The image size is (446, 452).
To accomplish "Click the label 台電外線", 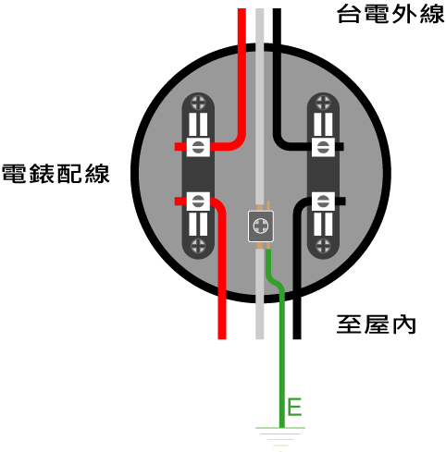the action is click(x=390, y=14).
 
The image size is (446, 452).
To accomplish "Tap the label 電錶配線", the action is click(x=56, y=174).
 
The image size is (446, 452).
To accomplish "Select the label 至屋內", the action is click(x=376, y=324).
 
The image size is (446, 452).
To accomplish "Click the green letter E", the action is click(x=294, y=407).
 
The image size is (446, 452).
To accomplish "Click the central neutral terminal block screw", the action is click(x=261, y=226).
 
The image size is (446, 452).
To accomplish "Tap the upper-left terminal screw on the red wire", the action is click(x=198, y=147).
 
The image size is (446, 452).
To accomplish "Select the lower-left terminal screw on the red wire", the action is click(x=198, y=202).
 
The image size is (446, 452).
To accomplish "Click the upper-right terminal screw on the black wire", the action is click(x=323, y=147).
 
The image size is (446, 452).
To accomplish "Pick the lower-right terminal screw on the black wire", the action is click(x=323, y=202).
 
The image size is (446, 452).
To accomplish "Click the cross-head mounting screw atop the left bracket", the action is click(x=198, y=103).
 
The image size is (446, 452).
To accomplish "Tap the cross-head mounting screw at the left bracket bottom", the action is click(x=198, y=246).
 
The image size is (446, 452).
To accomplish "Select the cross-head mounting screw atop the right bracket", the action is click(x=323, y=103).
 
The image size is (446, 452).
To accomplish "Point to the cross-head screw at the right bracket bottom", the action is click(x=323, y=246).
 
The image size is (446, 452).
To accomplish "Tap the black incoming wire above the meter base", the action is click(x=277, y=27).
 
